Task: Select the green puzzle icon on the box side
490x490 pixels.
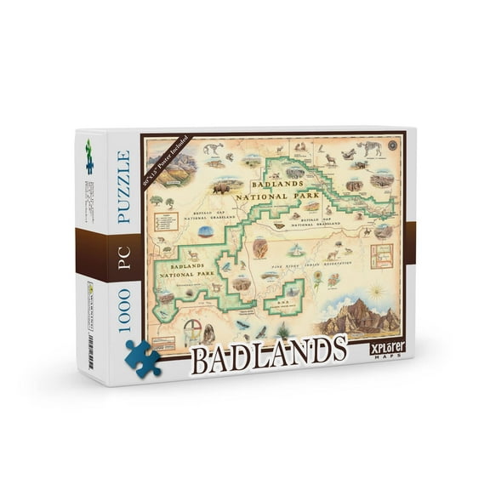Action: tap(89, 157)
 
